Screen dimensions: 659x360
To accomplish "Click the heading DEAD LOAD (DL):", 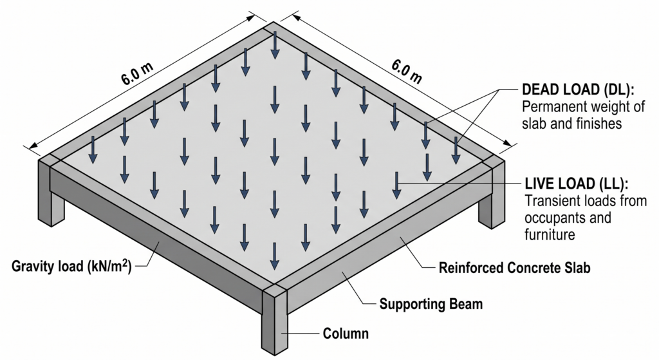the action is pos(578,90).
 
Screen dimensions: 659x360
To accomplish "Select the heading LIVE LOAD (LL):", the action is pos(577,184).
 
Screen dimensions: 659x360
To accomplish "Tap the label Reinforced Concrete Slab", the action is pos(514,267).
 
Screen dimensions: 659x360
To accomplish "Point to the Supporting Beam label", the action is pos(431,304).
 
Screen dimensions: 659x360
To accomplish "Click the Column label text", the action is pos(346,334).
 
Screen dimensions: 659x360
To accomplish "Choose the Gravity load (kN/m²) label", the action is pos(71,266).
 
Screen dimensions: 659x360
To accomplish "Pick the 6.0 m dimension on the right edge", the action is pos(407,71).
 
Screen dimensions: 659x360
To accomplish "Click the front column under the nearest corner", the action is pos(275,319).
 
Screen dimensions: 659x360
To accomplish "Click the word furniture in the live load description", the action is pos(550,234).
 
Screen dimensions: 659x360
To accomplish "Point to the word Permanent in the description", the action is pos(553,106).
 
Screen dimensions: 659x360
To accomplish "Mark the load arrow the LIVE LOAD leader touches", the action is pos(396,185).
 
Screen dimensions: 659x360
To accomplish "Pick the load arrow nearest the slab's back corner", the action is pos(274,45).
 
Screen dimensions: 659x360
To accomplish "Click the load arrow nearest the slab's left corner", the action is pos(93,149).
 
